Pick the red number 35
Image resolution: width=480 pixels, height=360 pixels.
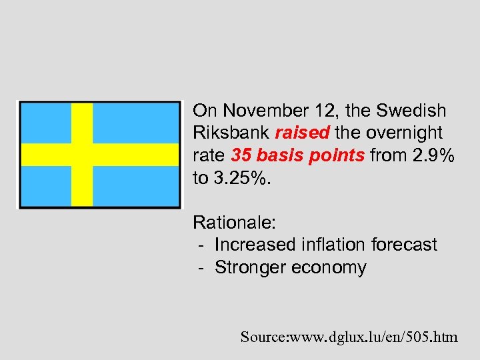tap(241, 155)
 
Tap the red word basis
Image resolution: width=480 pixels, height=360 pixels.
tap(279, 155)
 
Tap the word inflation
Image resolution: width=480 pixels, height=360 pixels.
tap(339, 245)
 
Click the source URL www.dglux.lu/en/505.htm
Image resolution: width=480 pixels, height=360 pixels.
tap(373, 337)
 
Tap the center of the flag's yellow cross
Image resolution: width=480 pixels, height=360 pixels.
tap(82, 155)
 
